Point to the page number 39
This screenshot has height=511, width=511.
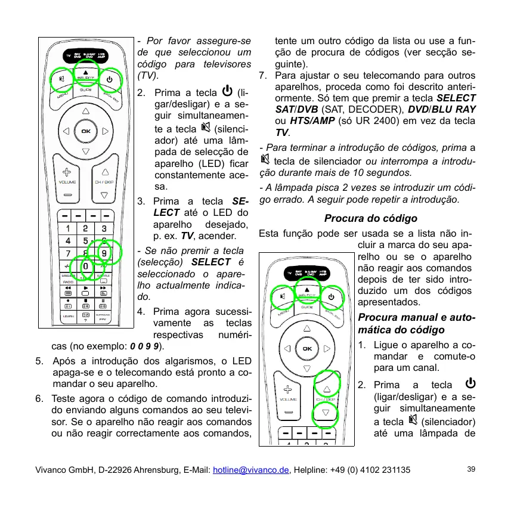click(x=471, y=470)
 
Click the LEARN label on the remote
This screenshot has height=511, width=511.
click(x=67, y=316)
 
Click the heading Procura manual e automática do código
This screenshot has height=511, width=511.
click(x=416, y=324)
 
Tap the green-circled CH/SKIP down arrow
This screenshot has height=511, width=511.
click(x=326, y=412)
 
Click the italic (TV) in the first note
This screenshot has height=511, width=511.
click(x=148, y=76)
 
